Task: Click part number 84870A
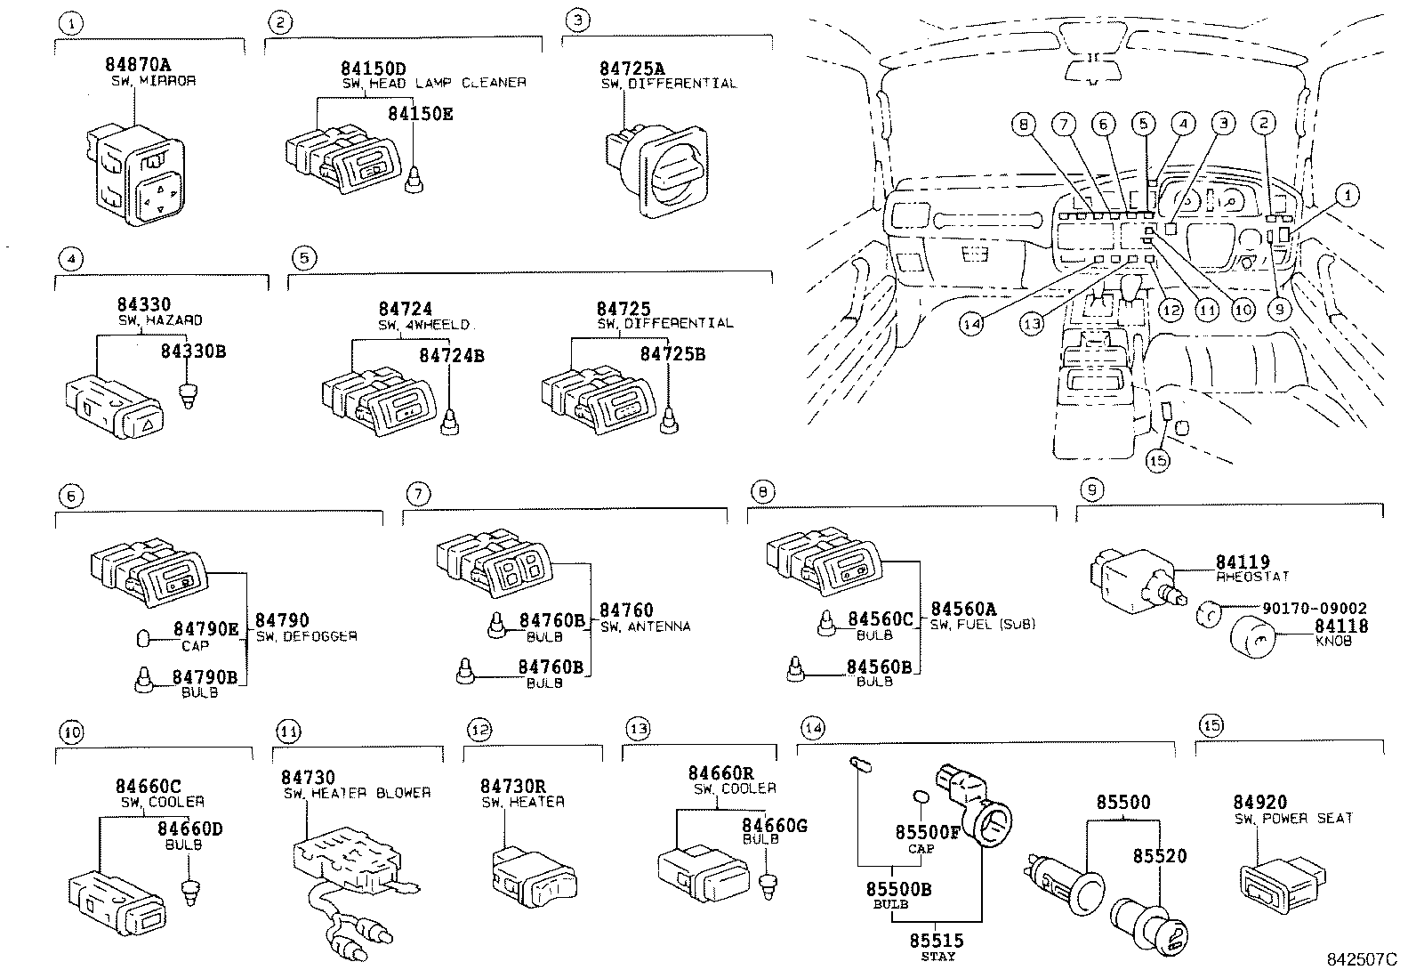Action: click(x=137, y=65)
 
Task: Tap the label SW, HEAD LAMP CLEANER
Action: click(x=434, y=83)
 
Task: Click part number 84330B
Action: click(x=193, y=352)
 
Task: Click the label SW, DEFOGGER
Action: click(x=306, y=636)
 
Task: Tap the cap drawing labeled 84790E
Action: click(x=141, y=637)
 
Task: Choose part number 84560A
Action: click(x=963, y=610)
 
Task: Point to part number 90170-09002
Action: click(x=1314, y=609)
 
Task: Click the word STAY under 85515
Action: click(x=937, y=957)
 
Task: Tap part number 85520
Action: click(x=1159, y=855)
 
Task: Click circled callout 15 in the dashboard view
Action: click(x=1157, y=459)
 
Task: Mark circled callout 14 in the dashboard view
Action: click(x=971, y=324)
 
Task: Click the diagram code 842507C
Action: click(x=1361, y=961)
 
